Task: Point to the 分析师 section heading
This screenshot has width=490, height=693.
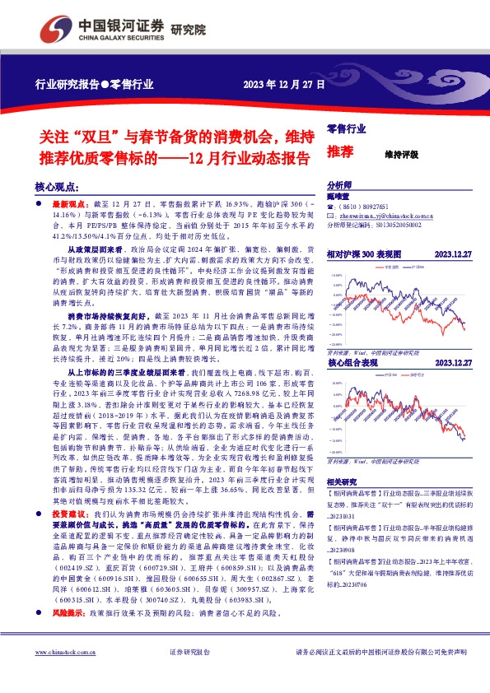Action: [x=339, y=186]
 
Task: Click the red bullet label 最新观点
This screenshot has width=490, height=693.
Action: [x=72, y=202]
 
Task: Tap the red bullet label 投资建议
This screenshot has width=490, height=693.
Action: [x=71, y=511]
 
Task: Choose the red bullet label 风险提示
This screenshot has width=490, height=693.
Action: [x=71, y=613]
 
